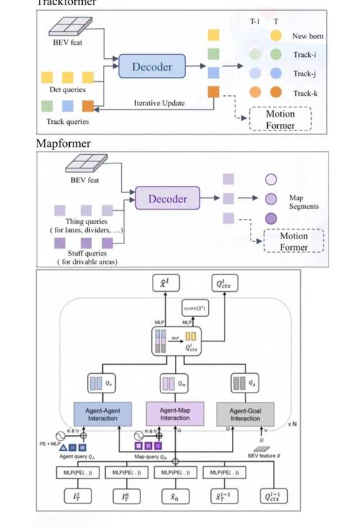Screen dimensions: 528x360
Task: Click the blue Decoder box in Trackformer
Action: pyautogui.click(x=152, y=67)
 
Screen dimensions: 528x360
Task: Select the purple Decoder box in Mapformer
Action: pyautogui.click(x=167, y=198)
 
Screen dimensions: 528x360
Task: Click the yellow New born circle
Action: pyautogui.click(x=276, y=35)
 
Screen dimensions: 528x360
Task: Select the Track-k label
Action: pyautogui.click(x=305, y=93)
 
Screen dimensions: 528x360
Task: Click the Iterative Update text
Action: pyautogui.click(x=159, y=103)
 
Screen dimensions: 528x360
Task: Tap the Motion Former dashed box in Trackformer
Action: pyautogui.click(x=280, y=120)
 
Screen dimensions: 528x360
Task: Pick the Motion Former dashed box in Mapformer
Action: pyautogui.click(x=293, y=241)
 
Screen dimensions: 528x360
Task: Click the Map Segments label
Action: pyautogui.click(x=303, y=202)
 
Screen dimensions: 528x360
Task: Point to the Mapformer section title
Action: pyautogui.click(x=63, y=143)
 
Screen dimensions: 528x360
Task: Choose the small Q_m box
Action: pyautogui.click(x=175, y=382)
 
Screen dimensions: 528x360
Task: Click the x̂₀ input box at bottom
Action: pyautogui.click(x=175, y=496)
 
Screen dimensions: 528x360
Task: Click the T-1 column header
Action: pyautogui.click(x=255, y=22)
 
